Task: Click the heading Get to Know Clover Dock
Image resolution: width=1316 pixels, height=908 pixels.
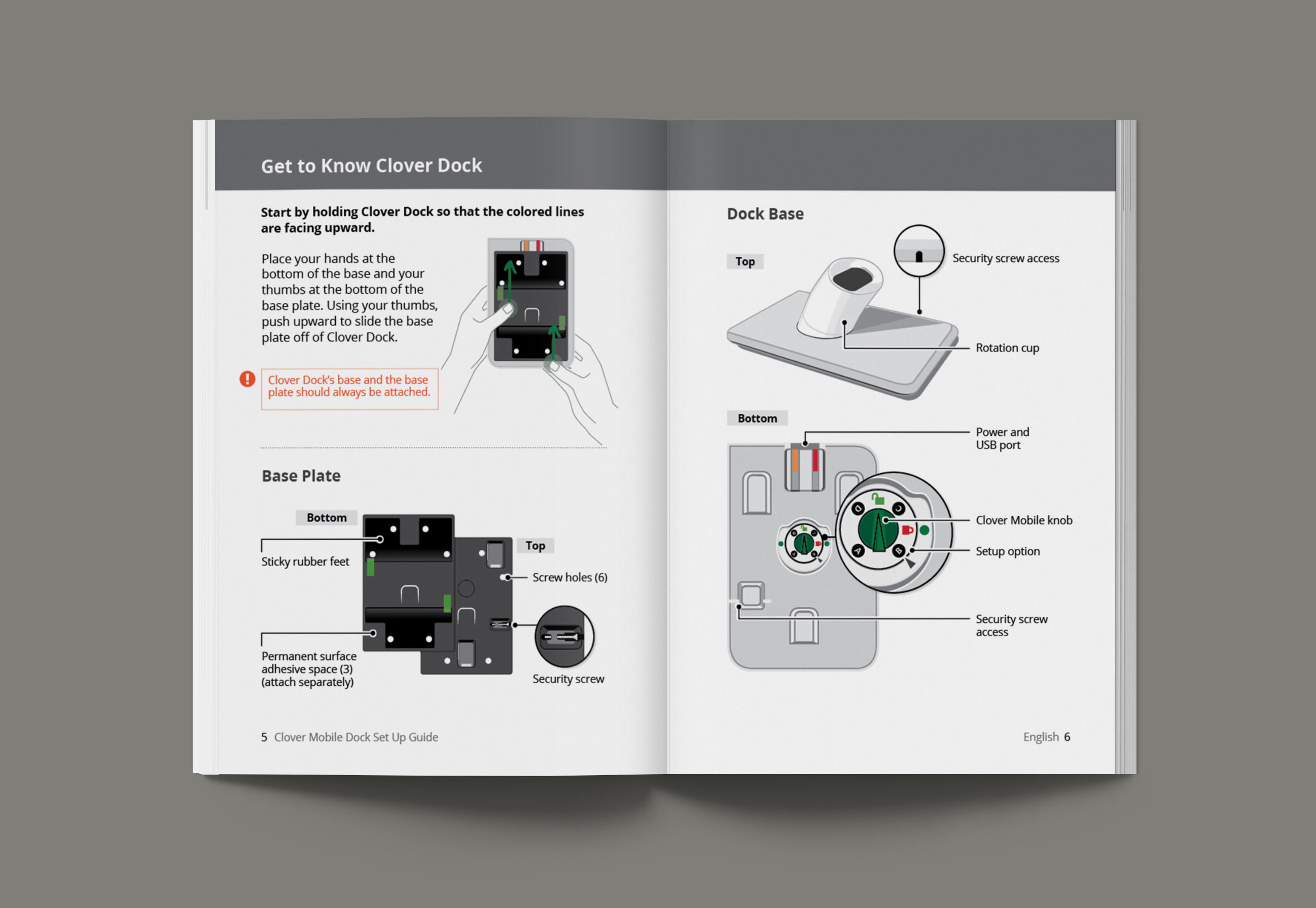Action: point(371,165)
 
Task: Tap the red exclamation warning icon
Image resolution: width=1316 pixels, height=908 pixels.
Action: point(247,379)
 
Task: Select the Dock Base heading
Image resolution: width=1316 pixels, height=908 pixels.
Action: point(765,214)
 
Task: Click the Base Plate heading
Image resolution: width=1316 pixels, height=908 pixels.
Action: point(301,476)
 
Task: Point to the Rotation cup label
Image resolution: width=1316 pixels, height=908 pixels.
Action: point(1007,347)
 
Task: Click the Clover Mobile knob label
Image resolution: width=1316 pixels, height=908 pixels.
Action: point(1024,520)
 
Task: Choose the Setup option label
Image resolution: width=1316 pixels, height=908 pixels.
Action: point(1008,551)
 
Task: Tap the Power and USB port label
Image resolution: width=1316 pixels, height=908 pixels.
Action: point(1002,438)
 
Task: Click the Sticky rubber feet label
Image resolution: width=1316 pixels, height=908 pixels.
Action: point(305,562)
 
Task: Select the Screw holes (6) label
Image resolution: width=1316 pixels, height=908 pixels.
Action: point(570,577)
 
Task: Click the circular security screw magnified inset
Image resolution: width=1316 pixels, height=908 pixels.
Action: point(564,636)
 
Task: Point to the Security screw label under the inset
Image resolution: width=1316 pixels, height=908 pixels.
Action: point(568,679)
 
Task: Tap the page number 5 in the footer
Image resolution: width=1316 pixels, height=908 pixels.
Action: point(264,738)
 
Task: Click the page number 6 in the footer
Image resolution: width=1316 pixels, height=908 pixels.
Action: point(1067,738)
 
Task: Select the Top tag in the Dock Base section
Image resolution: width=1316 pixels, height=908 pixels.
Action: point(745,262)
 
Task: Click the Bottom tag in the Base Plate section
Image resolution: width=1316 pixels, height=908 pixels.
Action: point(327,518)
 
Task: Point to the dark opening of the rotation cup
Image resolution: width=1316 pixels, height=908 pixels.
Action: point(852,279)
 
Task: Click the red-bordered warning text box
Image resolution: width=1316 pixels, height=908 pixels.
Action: point(349,389)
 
